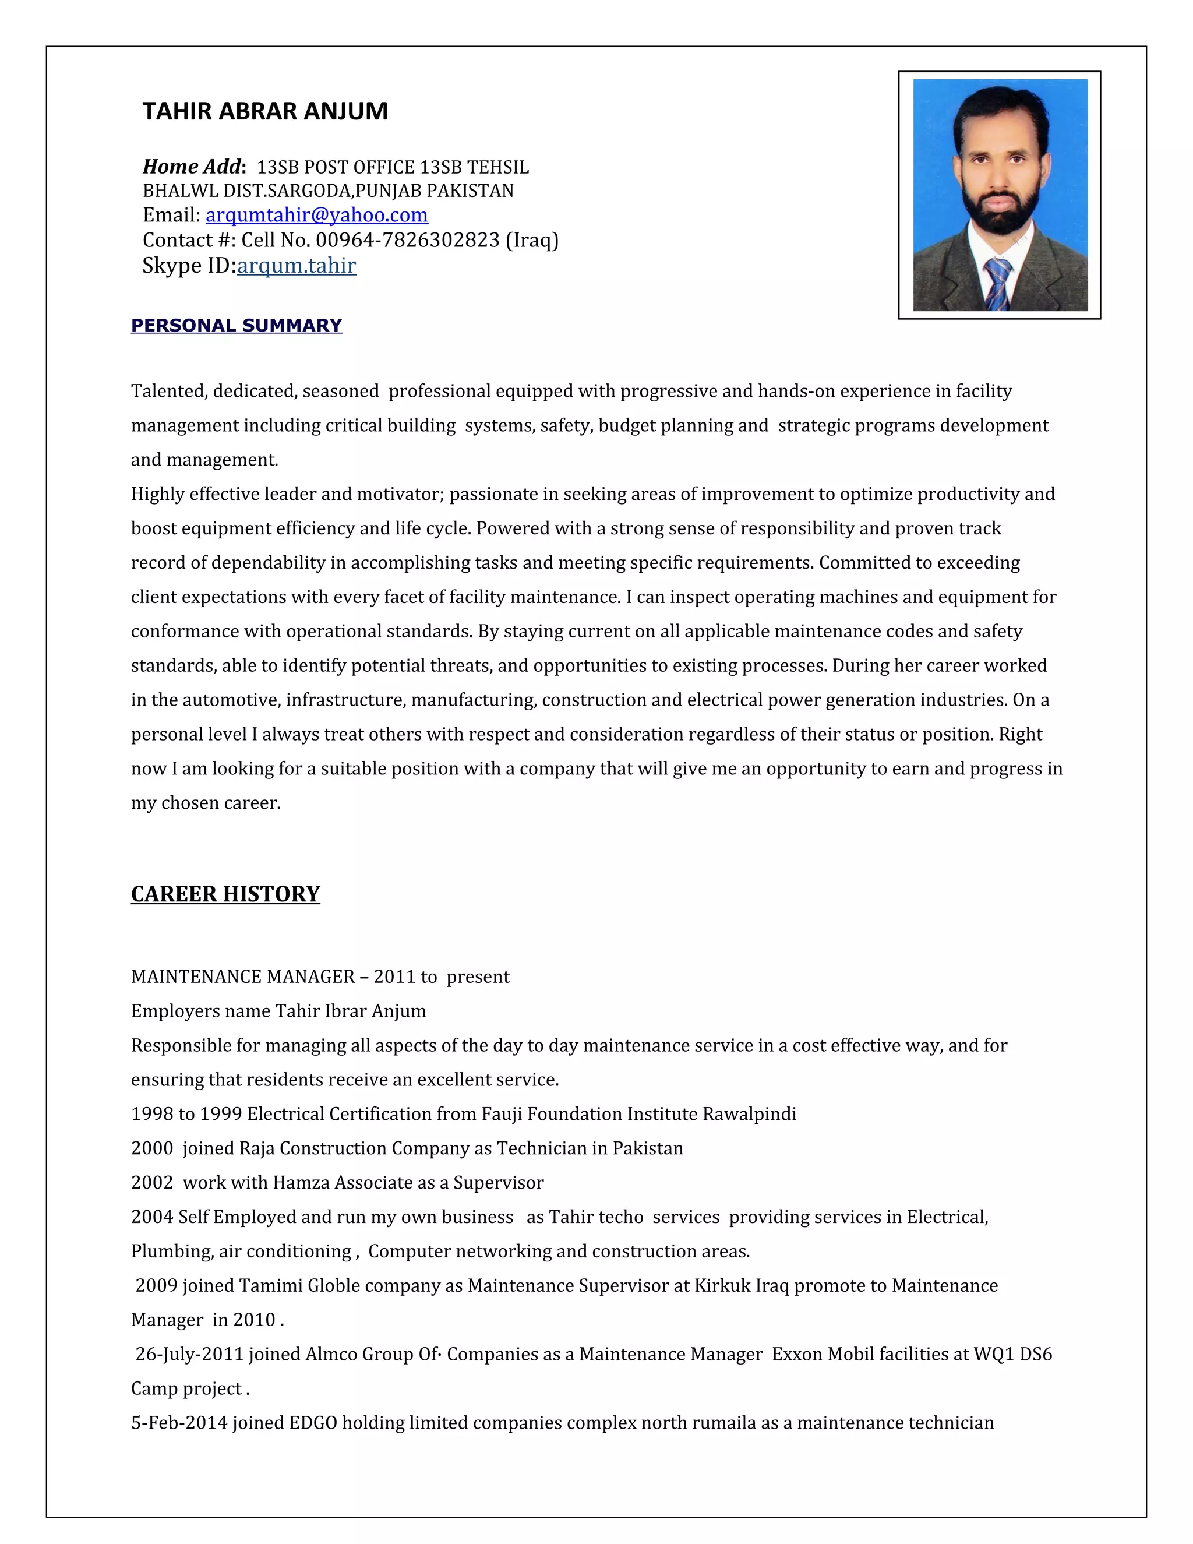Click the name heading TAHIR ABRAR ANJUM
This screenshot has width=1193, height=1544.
click(265, 112)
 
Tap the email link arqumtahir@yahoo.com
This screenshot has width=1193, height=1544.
click(317, 215)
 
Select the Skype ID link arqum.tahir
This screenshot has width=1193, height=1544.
click(296, 266)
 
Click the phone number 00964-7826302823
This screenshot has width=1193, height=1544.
click(408, 241)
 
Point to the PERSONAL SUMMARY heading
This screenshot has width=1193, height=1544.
click(236, 325)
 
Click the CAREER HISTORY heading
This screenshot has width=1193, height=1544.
click(225, 894)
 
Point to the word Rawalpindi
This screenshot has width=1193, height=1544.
click(749, 1114)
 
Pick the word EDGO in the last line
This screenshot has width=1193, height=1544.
click(313, 1423)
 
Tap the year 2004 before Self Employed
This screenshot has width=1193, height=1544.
click(152, 1217)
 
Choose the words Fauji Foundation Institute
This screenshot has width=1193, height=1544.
click(590, 1114)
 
